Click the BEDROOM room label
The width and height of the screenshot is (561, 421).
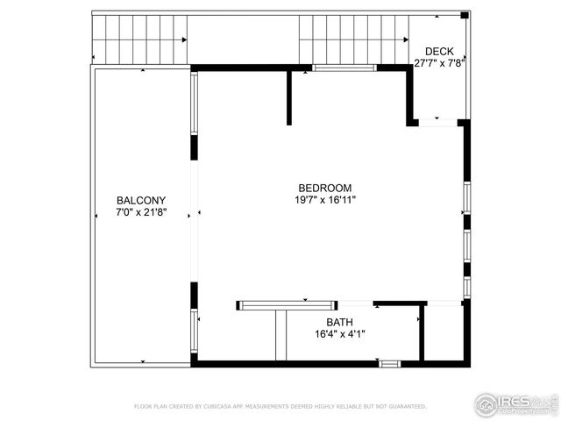(325, 188)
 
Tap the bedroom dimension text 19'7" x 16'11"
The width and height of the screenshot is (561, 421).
(325, 200)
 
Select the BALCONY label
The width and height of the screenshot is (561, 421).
(141, 200)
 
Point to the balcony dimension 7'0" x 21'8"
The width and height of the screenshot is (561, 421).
(141, 212)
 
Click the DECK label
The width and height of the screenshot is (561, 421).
(439, 52)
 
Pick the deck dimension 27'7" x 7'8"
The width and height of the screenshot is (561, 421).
(439, 63)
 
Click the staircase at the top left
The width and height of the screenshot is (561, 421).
(139, 39)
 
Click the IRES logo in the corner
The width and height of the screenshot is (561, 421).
(516, 404)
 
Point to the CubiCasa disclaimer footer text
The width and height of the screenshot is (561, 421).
(280, 406)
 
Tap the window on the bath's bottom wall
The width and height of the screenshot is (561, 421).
(390, 363)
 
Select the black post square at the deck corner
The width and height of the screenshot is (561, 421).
(465, 15)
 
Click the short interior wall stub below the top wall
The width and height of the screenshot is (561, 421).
(288, 98)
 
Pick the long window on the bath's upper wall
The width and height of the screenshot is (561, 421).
(288, 305)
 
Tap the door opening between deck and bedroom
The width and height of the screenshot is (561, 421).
(437, 124)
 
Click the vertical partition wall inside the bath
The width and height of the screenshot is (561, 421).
(422, 332)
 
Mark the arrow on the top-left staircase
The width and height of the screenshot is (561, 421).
(183, 39)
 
